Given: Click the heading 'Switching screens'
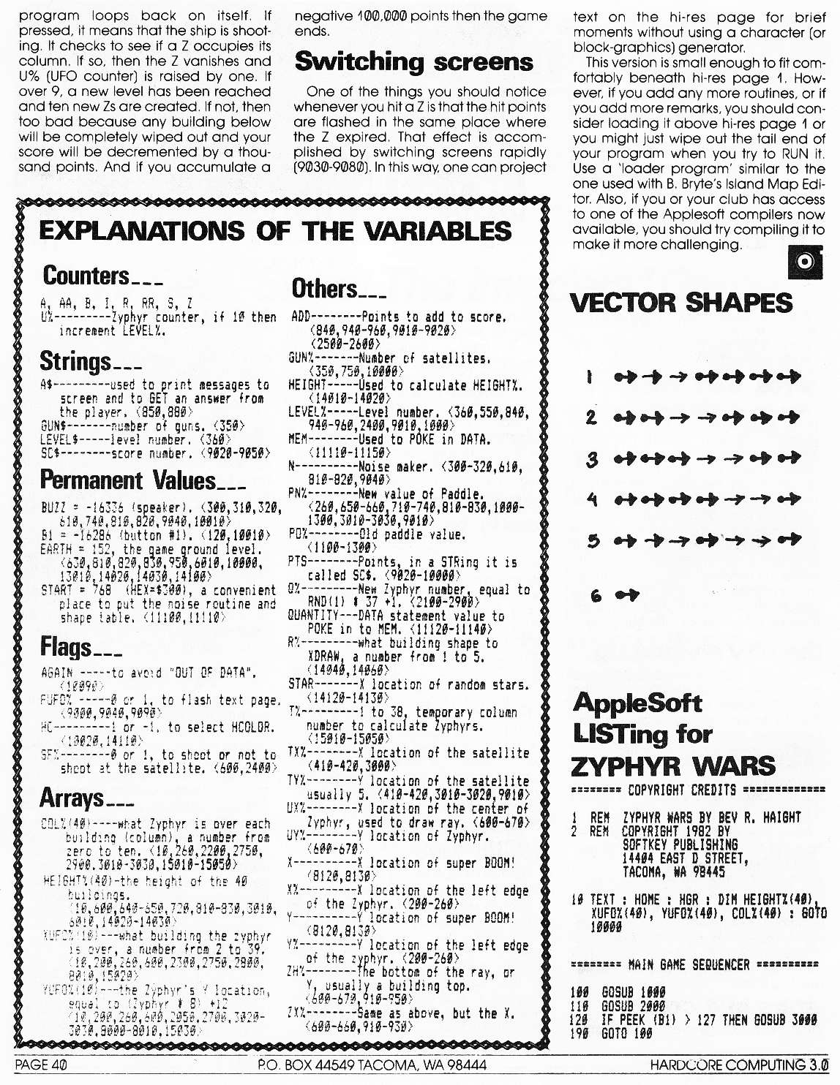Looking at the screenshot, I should [413, 62].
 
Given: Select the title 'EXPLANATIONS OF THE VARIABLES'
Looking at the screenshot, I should [275, 231].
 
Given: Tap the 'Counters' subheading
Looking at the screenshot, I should [86, 276].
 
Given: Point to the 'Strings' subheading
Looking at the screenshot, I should [75, 361].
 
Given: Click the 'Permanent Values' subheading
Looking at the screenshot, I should [128, 480].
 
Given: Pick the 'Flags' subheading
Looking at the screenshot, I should [66, 647].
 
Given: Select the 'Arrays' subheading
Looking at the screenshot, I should [72, 798].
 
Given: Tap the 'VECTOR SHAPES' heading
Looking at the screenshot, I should [680, 303].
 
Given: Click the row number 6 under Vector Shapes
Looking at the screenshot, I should [596, 595].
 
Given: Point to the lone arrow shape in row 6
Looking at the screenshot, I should [626, 595].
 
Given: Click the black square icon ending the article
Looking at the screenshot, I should [805, 262].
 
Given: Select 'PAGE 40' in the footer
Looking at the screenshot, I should [41, 1065].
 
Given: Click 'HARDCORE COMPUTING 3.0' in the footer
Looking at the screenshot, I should [738, 1065].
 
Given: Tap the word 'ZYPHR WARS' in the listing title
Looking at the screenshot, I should [672, 766].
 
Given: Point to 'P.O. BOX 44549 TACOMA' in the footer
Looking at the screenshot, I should [372, 1065].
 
